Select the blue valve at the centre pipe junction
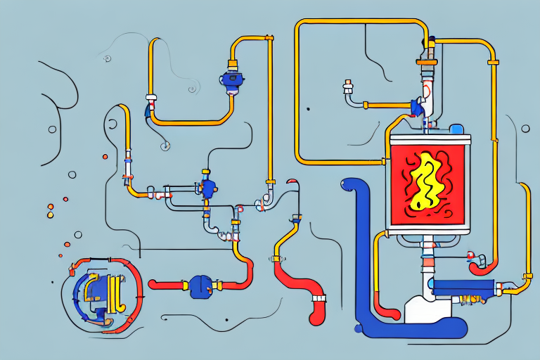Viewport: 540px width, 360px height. [x=208, y=188]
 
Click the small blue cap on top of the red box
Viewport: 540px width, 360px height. [x=456, y=129]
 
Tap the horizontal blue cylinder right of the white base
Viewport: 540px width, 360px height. [x=460, y=288]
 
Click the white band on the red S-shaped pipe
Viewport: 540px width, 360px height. [x=319, y=299]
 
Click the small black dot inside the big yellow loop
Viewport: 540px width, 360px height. [x=308, y=109]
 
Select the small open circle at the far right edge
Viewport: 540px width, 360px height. [x=525, y=129]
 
